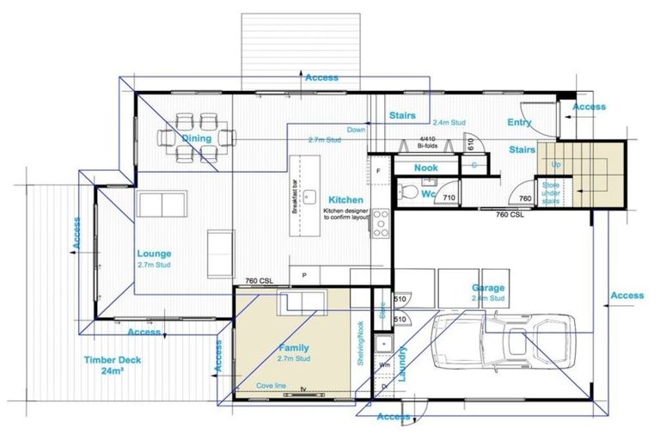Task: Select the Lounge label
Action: click(x=154, y=254)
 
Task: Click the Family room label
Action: click(x=293, y=349)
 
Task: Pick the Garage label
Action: click(x=488, y=289)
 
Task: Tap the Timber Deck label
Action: click(x=113, y=360)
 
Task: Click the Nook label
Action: click(x=426, y=168)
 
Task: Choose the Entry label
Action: click(x=520, y=123)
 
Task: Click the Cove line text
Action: click(x=271, y=386)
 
